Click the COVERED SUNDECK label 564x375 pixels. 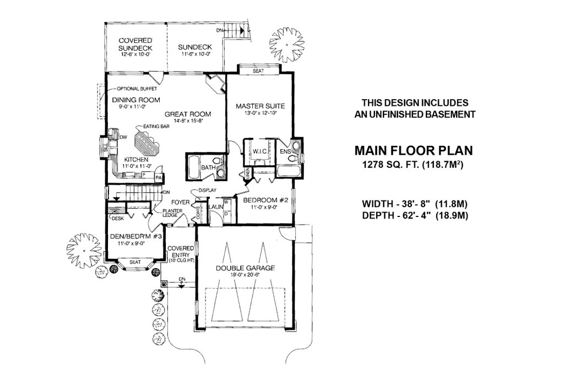[x=135, y=45]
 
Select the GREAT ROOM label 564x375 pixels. [x=188, y=114]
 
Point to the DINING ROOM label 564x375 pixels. [x=136, y=100]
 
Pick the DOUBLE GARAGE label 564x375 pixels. [x=245, y=268]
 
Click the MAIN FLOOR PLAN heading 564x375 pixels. [x=413, y=150]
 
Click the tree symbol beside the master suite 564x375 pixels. [x=286, y=42]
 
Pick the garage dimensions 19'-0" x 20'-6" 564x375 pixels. [x=245, y=277]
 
